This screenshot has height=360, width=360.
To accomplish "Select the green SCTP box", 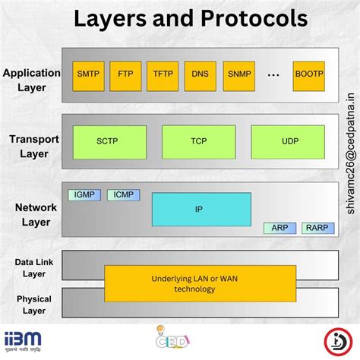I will pyautogui.click(x=106, y=142).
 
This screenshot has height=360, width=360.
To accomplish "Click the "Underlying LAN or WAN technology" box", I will pyautogui.click(x=200, y=283).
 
